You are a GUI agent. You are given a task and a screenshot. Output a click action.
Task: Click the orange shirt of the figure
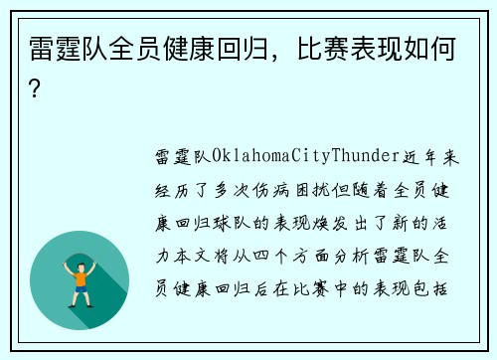coord(80,276)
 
